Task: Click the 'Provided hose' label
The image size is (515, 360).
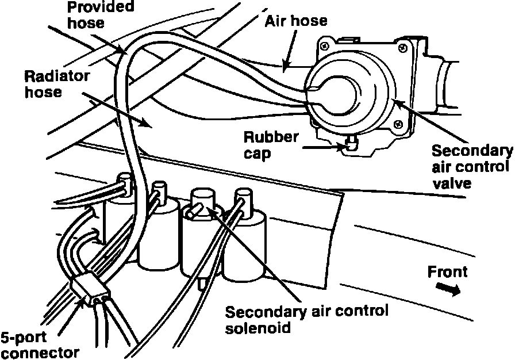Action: pos(100,15)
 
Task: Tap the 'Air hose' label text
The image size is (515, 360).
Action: pos(296,21)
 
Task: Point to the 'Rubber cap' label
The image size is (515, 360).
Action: pos(271,145)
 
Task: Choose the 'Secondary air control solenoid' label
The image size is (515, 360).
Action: pos(307,320)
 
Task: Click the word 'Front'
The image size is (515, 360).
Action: pos(447,272)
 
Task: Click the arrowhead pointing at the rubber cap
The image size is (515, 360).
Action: pos(343,147)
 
